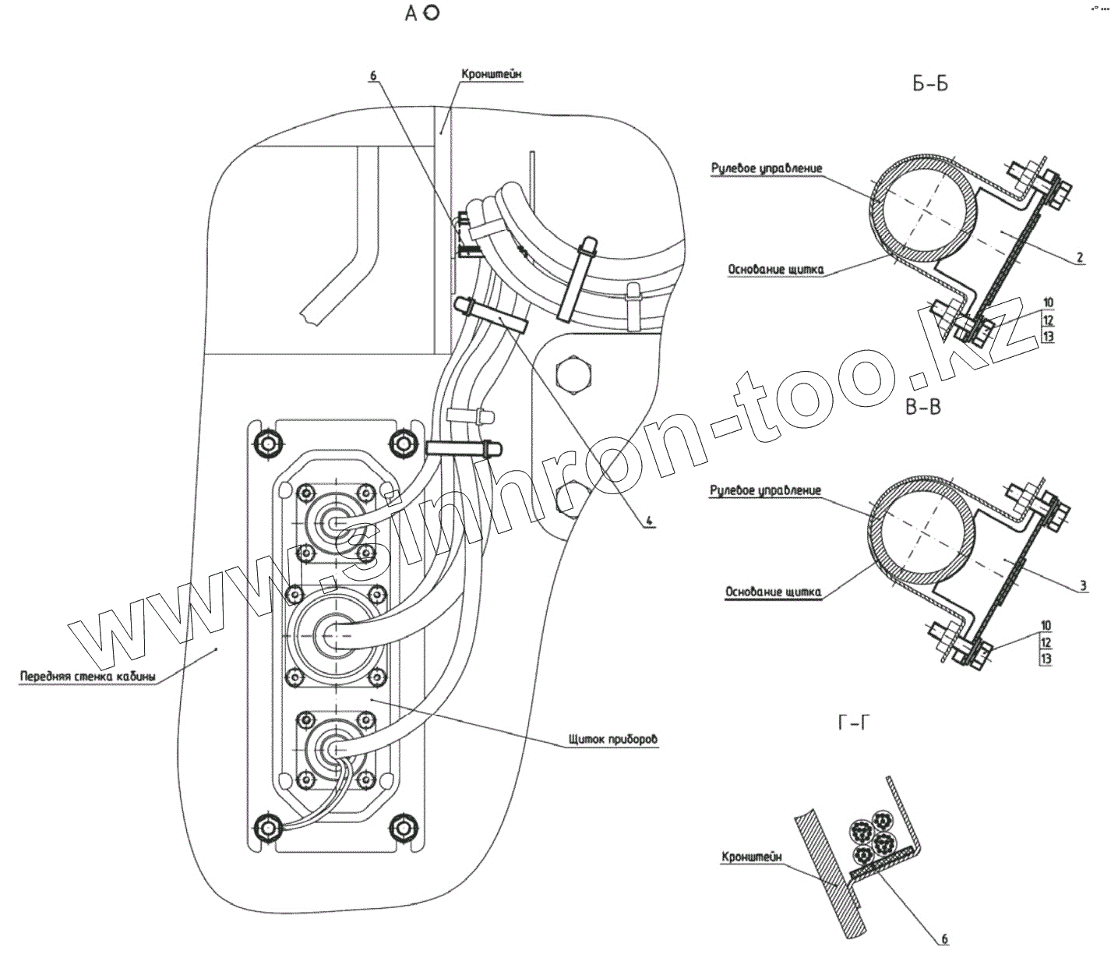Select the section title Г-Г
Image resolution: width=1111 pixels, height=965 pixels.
(854, 725)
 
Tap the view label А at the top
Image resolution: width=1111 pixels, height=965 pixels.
(413, 13)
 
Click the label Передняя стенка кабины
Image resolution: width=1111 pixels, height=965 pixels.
(87, 676)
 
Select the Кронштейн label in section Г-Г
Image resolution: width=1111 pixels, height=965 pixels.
(751, 857)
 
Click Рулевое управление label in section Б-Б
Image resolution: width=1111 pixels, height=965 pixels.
(767, 168)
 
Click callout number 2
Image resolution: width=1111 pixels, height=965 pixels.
(1080, 258)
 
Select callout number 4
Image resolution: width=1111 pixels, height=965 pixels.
(647, 521)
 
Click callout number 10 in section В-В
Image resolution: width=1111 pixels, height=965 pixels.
(1046, 625)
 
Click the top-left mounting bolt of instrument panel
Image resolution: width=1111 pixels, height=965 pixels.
(267, 444)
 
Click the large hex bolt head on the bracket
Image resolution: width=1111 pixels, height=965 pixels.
(577, 374)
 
